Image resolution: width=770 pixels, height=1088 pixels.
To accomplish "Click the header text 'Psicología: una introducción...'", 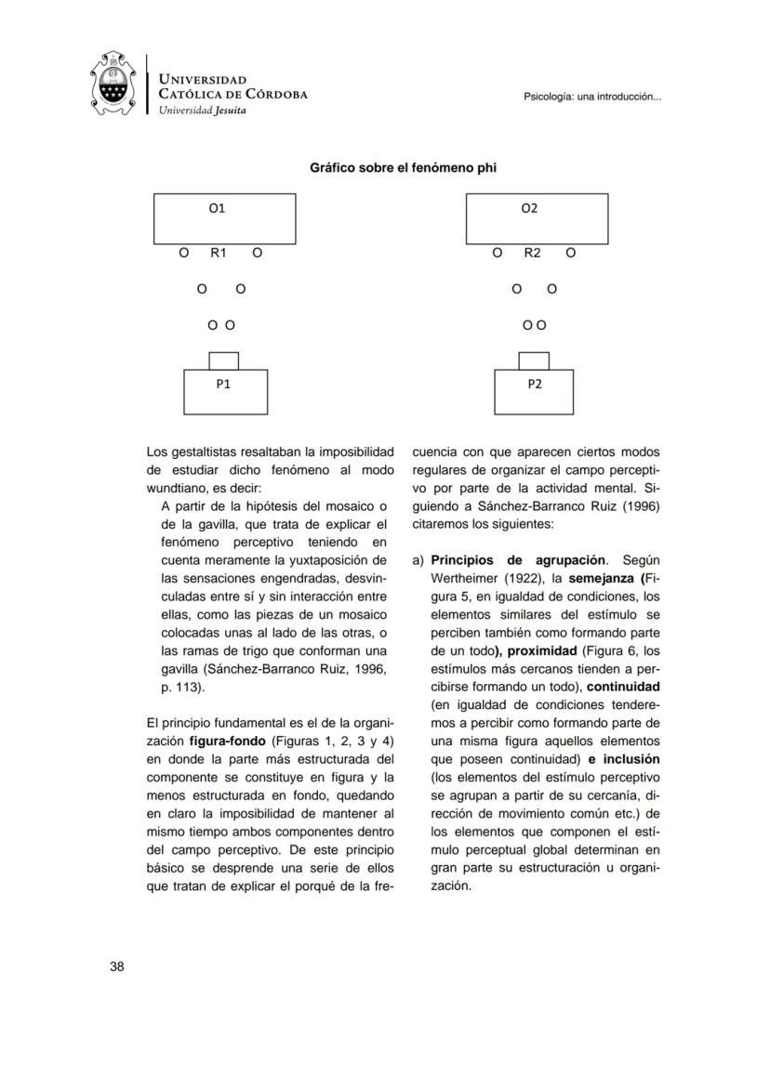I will pyautogui.click(x=592, y=96).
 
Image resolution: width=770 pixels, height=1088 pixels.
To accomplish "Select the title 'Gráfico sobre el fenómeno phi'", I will pyautogui.click(x=408, y=168).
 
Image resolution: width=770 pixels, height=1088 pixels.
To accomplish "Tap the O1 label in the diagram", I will pyautogui.click(x=217, y=209).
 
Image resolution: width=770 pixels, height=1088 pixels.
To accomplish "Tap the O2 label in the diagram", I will pyautogui.click(x=529, y=209).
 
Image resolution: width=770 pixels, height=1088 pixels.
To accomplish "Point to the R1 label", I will pyautogui.click(x=219, y=253).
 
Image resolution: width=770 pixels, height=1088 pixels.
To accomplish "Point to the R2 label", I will pyautogui.click(x=532, y=253).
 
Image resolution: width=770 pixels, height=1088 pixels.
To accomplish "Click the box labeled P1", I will pyautogui.click(x=225, y=391).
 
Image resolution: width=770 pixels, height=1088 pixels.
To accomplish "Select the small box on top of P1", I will pyautogui.click(x=224, y=360).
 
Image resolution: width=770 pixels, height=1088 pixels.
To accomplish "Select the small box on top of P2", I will pyautogui.click(x=533, y=360).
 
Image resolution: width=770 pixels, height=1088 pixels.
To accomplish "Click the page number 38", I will pyautogui.click(x=117, y=966).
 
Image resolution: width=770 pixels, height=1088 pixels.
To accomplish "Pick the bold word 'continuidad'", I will pyautogui.click(x=623, y=687).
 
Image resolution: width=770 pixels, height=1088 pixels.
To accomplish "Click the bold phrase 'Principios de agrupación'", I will pyautogui.click(x=518, y=560).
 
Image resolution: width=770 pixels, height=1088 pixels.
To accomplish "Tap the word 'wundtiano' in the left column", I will pyautogui.click(x=179, y=488).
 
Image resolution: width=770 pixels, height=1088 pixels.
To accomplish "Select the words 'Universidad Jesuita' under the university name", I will pyautogui.click(x=203, y=110).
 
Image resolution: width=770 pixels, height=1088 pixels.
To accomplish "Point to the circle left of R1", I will pyautogui.click(x=184, y=253).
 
